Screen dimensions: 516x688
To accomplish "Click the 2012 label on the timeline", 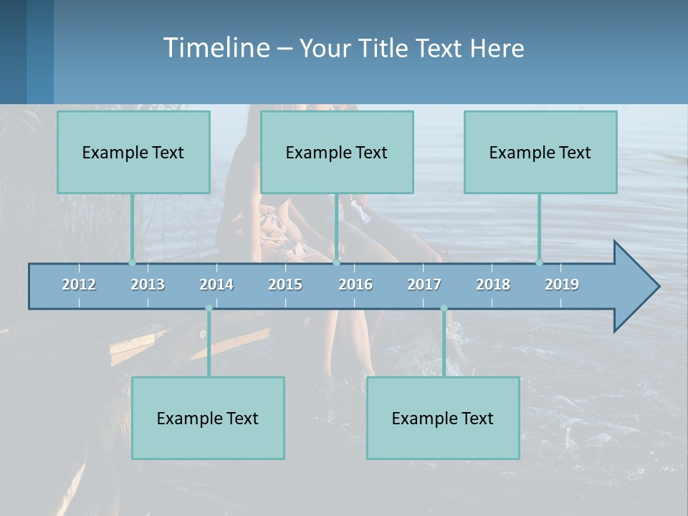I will (79, 285).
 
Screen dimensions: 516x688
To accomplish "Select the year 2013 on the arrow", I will (148, 285).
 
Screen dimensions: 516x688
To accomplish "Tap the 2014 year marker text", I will (216, 285).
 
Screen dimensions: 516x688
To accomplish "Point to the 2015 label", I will (285, 285).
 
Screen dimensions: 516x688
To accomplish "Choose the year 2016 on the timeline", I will (355, 285).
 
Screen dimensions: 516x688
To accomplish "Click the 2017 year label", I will (424, 285).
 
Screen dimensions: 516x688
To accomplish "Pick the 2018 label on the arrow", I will (493, 285).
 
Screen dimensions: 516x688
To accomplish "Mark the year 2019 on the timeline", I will (562, 285).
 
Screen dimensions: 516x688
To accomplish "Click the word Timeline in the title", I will (216, 48).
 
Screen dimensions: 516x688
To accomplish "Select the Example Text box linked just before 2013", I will (133, 152).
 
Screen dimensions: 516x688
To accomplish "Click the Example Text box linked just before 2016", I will (337, 152).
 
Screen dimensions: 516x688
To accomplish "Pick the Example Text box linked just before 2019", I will (540, 152).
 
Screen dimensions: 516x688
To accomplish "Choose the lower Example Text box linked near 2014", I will (208, 418).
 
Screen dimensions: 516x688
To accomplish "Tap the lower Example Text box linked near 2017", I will (443, 418).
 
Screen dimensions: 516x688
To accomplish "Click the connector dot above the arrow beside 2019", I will (539, 262).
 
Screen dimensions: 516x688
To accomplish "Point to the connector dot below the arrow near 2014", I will (209, 309).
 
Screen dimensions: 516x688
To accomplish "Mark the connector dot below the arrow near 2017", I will (444, 309).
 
